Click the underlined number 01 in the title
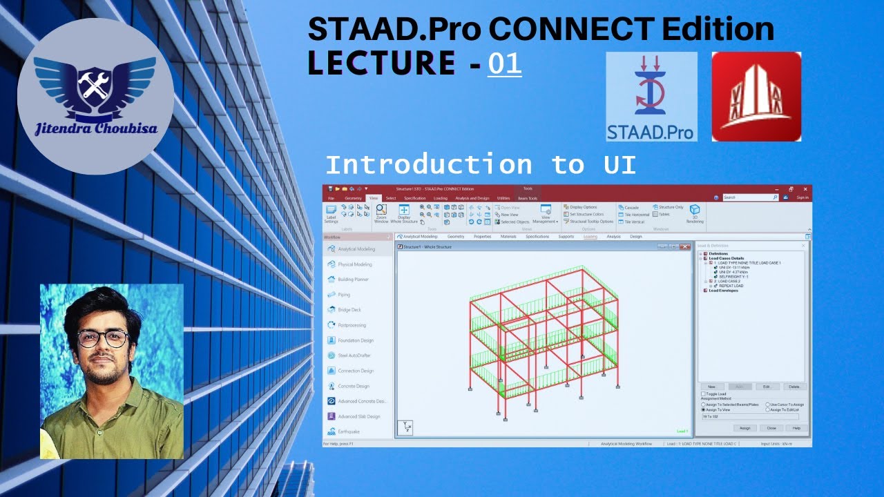[x=505, y=64]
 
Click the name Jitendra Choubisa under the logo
[x=95, y=128]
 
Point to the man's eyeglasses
[x=104, y=338]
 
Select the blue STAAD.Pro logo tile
[x=651, y=97]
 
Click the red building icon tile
[x=756, y=97]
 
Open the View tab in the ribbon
[x=374, y=198]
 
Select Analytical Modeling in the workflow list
[x=356, y=249]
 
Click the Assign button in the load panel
[x=744, y=428]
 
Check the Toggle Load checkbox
[x=703, y=394]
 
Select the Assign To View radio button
[x=703, y=409]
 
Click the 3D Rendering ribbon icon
[x=695, y=213]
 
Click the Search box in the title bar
[x=749, y=197]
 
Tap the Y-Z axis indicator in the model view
[x=405, y=427]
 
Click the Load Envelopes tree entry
[x=723, y=291]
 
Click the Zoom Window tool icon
[x=381, y=213]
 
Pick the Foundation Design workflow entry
[x=356, y=340]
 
